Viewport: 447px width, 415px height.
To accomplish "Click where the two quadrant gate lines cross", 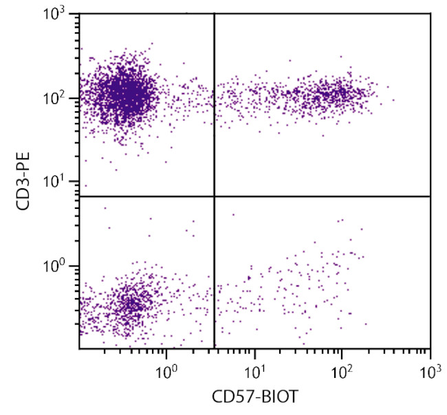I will [x=215, y=197].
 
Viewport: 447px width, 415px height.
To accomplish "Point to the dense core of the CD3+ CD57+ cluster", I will [x=330, y=93].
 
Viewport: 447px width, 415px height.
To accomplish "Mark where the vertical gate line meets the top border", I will [x=215, y=13].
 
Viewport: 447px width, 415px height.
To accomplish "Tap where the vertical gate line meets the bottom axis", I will [x=215, y=348].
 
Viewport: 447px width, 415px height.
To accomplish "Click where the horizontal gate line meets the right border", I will [x=430, y=197].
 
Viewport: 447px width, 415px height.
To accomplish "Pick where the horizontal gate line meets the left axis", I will [x=79, y=197].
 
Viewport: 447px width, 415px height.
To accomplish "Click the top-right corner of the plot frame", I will [x=430, y=13].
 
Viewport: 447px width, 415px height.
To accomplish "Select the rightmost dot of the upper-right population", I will [x=393, y=100].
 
